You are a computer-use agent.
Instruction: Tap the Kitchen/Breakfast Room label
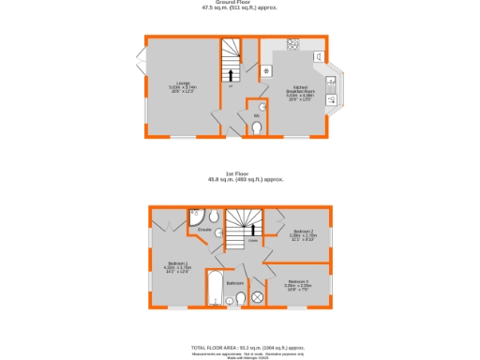[x=299, y=91]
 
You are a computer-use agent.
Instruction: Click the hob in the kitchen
[x=293, y=45]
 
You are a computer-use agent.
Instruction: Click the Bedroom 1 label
[x=177, y=266]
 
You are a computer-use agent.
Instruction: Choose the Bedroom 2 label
[x=302, y=234]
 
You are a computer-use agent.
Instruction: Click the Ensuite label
[x=203, y=230]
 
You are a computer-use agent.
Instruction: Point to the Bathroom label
[x=234, y=282]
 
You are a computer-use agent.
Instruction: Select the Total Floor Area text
[x=241, y=346]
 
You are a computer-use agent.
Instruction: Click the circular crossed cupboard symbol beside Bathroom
[x=258, y=297]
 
